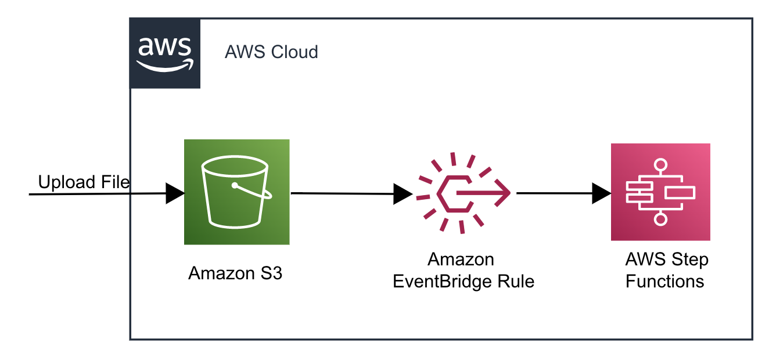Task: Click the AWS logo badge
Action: coord(164,53)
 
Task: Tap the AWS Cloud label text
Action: coord(271,52)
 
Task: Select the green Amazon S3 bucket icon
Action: coord(236,192)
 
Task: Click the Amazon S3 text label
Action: coord(235,273)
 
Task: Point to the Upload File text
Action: coord(84,182)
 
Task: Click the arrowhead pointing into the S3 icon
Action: coord(174,193)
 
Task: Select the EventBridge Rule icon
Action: coord(463,193)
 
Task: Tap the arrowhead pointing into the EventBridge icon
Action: coord(402,194)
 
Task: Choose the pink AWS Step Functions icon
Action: coord(660,192)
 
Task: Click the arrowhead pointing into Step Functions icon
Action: coord(601,193)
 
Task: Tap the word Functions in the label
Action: coord(664,282)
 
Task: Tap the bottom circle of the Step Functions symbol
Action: coord(660,219)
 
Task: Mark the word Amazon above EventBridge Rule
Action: coord(461,259)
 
